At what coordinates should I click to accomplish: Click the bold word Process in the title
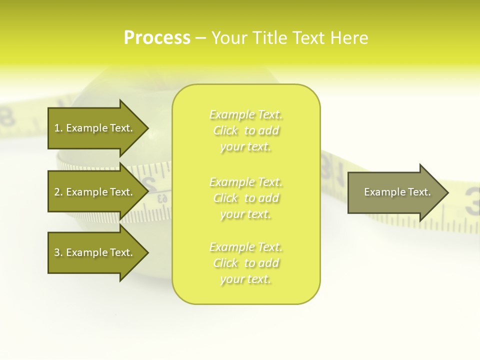(x=157, y=38)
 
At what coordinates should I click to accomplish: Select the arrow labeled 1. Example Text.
(x=95, y=128)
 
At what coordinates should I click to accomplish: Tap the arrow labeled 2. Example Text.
(x=95, y=192)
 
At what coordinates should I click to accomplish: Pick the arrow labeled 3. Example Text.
(x=95, y=252)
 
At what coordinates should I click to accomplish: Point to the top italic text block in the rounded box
(x=246, y=130)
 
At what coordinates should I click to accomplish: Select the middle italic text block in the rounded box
(x=246, y=198)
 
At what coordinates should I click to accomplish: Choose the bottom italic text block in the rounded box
(x=246, y=263)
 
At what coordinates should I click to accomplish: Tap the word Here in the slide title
(x=350, y=38)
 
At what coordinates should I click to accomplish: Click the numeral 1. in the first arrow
(x=58, y=128)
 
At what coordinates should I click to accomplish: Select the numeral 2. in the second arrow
(x=58, y=192)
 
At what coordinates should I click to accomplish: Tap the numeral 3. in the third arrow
(x=58, y=252)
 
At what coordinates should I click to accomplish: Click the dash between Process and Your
(x=200, y=39)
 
